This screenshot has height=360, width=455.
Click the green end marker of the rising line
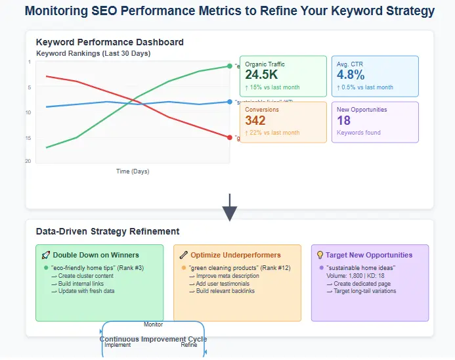coord(229,66)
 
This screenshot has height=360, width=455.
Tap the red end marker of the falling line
coord(229,137)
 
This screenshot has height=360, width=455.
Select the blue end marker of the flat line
coord(229,102)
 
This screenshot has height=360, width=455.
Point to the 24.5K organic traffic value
coord(261,75)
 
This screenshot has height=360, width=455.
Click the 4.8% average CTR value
coord(351,75)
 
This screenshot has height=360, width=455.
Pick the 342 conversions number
coord(255,120)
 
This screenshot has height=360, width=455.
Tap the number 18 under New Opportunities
coord(343,120)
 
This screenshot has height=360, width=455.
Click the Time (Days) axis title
coord(133,171)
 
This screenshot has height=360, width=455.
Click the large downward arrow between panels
coord(230,208)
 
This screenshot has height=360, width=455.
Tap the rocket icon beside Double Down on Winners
coord(46,255)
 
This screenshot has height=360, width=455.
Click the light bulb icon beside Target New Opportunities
coord(320,255)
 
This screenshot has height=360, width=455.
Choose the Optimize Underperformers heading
coord(235,255)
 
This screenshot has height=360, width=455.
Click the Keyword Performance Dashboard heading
coord(110,42)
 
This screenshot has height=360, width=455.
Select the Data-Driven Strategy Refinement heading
coord(108,231)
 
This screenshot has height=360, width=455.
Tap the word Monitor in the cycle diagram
coord(153,324)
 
